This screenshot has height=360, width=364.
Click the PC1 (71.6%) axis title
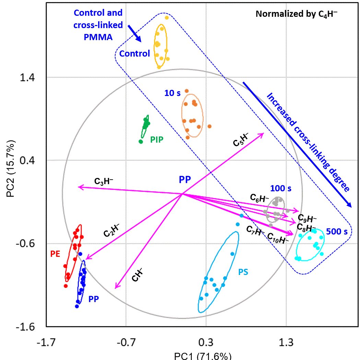tap(202, 356)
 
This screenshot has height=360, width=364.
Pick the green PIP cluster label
tap(156, 140)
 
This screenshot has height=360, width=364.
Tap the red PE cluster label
tap(56, 254)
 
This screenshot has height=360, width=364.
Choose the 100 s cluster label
tap(281, 188)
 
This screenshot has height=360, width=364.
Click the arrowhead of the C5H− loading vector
tap(263, 134)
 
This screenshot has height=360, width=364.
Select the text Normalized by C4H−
tap(297, 14)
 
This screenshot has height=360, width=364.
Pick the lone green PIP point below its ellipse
tap(141, 141)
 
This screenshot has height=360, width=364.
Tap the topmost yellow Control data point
tap(167, 17)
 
